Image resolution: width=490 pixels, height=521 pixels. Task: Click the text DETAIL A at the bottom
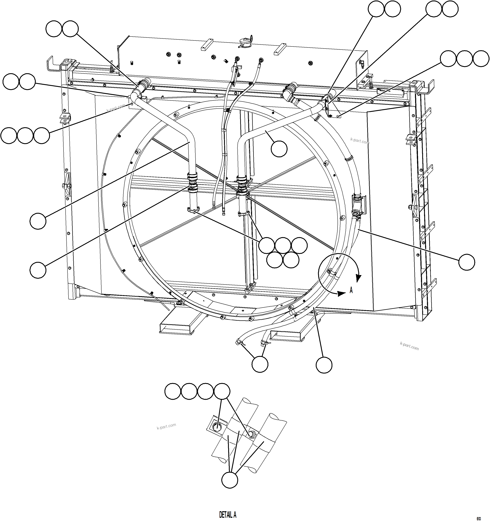pyautogui.click(x=228, y=515)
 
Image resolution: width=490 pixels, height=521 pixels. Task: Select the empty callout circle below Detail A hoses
pyautogui.click(x=230, y=480)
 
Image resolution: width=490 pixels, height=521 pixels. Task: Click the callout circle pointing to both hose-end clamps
pyautogui.click(x=260, y=364)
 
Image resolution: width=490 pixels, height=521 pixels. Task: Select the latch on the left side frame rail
pyautogui.click(x=67, y=185)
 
